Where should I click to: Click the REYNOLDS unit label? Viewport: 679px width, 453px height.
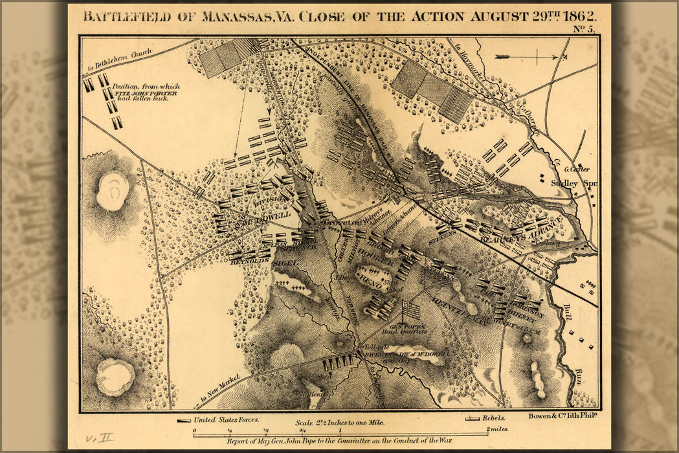pyautogui.click(x=249, y=260)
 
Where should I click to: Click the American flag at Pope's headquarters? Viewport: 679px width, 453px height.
pyautogui.click(x=410, y=310)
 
